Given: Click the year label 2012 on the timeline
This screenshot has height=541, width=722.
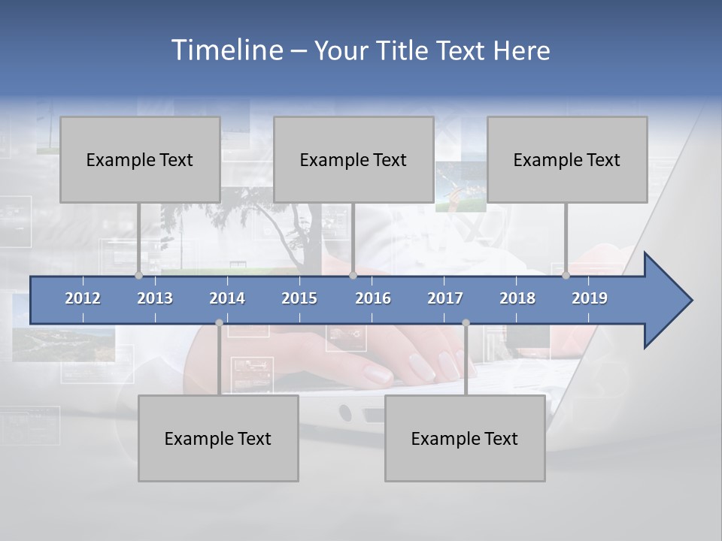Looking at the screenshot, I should point(83,298).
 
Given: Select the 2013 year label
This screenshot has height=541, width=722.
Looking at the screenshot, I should point(155,298).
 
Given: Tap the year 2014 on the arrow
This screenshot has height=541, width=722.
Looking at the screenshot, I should point(227,298).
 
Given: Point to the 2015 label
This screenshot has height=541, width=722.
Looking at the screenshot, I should point(299,298).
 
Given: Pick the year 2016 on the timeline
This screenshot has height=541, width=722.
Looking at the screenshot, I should point(373,298).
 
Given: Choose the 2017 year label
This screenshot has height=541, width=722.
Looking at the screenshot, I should point(445,298).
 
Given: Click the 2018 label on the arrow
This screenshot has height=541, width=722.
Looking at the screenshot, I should point(517,298).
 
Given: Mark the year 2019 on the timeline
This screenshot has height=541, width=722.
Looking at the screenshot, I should point(590,298).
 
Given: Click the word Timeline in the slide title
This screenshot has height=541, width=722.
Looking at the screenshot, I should point(226,50).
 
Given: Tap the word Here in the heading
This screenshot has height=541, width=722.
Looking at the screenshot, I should point(521,50).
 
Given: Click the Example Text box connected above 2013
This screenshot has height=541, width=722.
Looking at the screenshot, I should point(140,159).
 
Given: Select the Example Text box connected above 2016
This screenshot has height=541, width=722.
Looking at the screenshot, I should point(353,159).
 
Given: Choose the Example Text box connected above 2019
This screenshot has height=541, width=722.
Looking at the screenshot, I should point(567,159).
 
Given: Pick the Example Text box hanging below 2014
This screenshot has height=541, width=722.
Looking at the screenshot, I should point(218,438).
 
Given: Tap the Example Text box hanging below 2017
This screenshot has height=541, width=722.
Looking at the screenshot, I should point(465,438).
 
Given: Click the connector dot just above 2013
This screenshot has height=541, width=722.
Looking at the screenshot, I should point(138,275).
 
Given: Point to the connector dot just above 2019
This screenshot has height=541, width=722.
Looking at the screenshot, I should point(566,275).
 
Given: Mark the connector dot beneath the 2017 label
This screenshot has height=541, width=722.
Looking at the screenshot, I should point(466,322).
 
